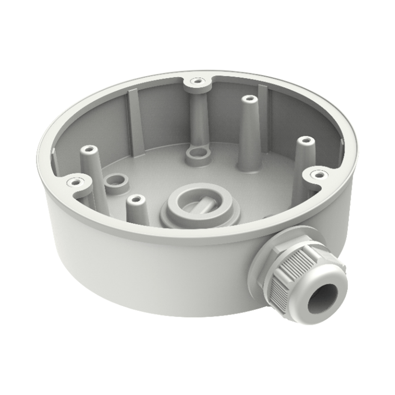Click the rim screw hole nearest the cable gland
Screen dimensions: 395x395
tap(318, 174)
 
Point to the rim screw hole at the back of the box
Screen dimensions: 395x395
tap(196, 82)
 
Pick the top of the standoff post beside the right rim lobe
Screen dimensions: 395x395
tap(305, 140)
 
